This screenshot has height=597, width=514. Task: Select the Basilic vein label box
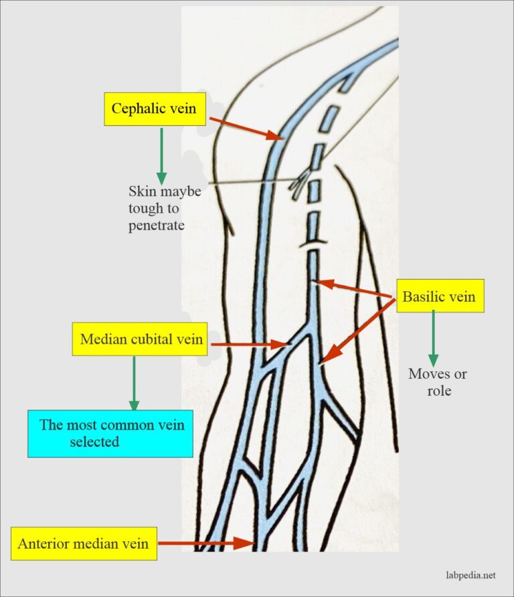point(439,296)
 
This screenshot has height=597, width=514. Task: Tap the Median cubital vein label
point(141,339)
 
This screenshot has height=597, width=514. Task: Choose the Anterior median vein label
point(84,543)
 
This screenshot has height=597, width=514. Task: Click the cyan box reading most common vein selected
point(110,432)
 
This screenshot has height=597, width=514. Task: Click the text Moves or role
point(438,381)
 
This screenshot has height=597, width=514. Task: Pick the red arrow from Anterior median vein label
point(203,543)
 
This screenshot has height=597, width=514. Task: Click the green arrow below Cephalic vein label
point(161,155)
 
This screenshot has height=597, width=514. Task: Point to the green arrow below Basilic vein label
point(433,337)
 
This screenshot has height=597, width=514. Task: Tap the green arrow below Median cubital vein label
point(134,382)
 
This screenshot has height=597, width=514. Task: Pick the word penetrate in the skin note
point(157,226)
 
